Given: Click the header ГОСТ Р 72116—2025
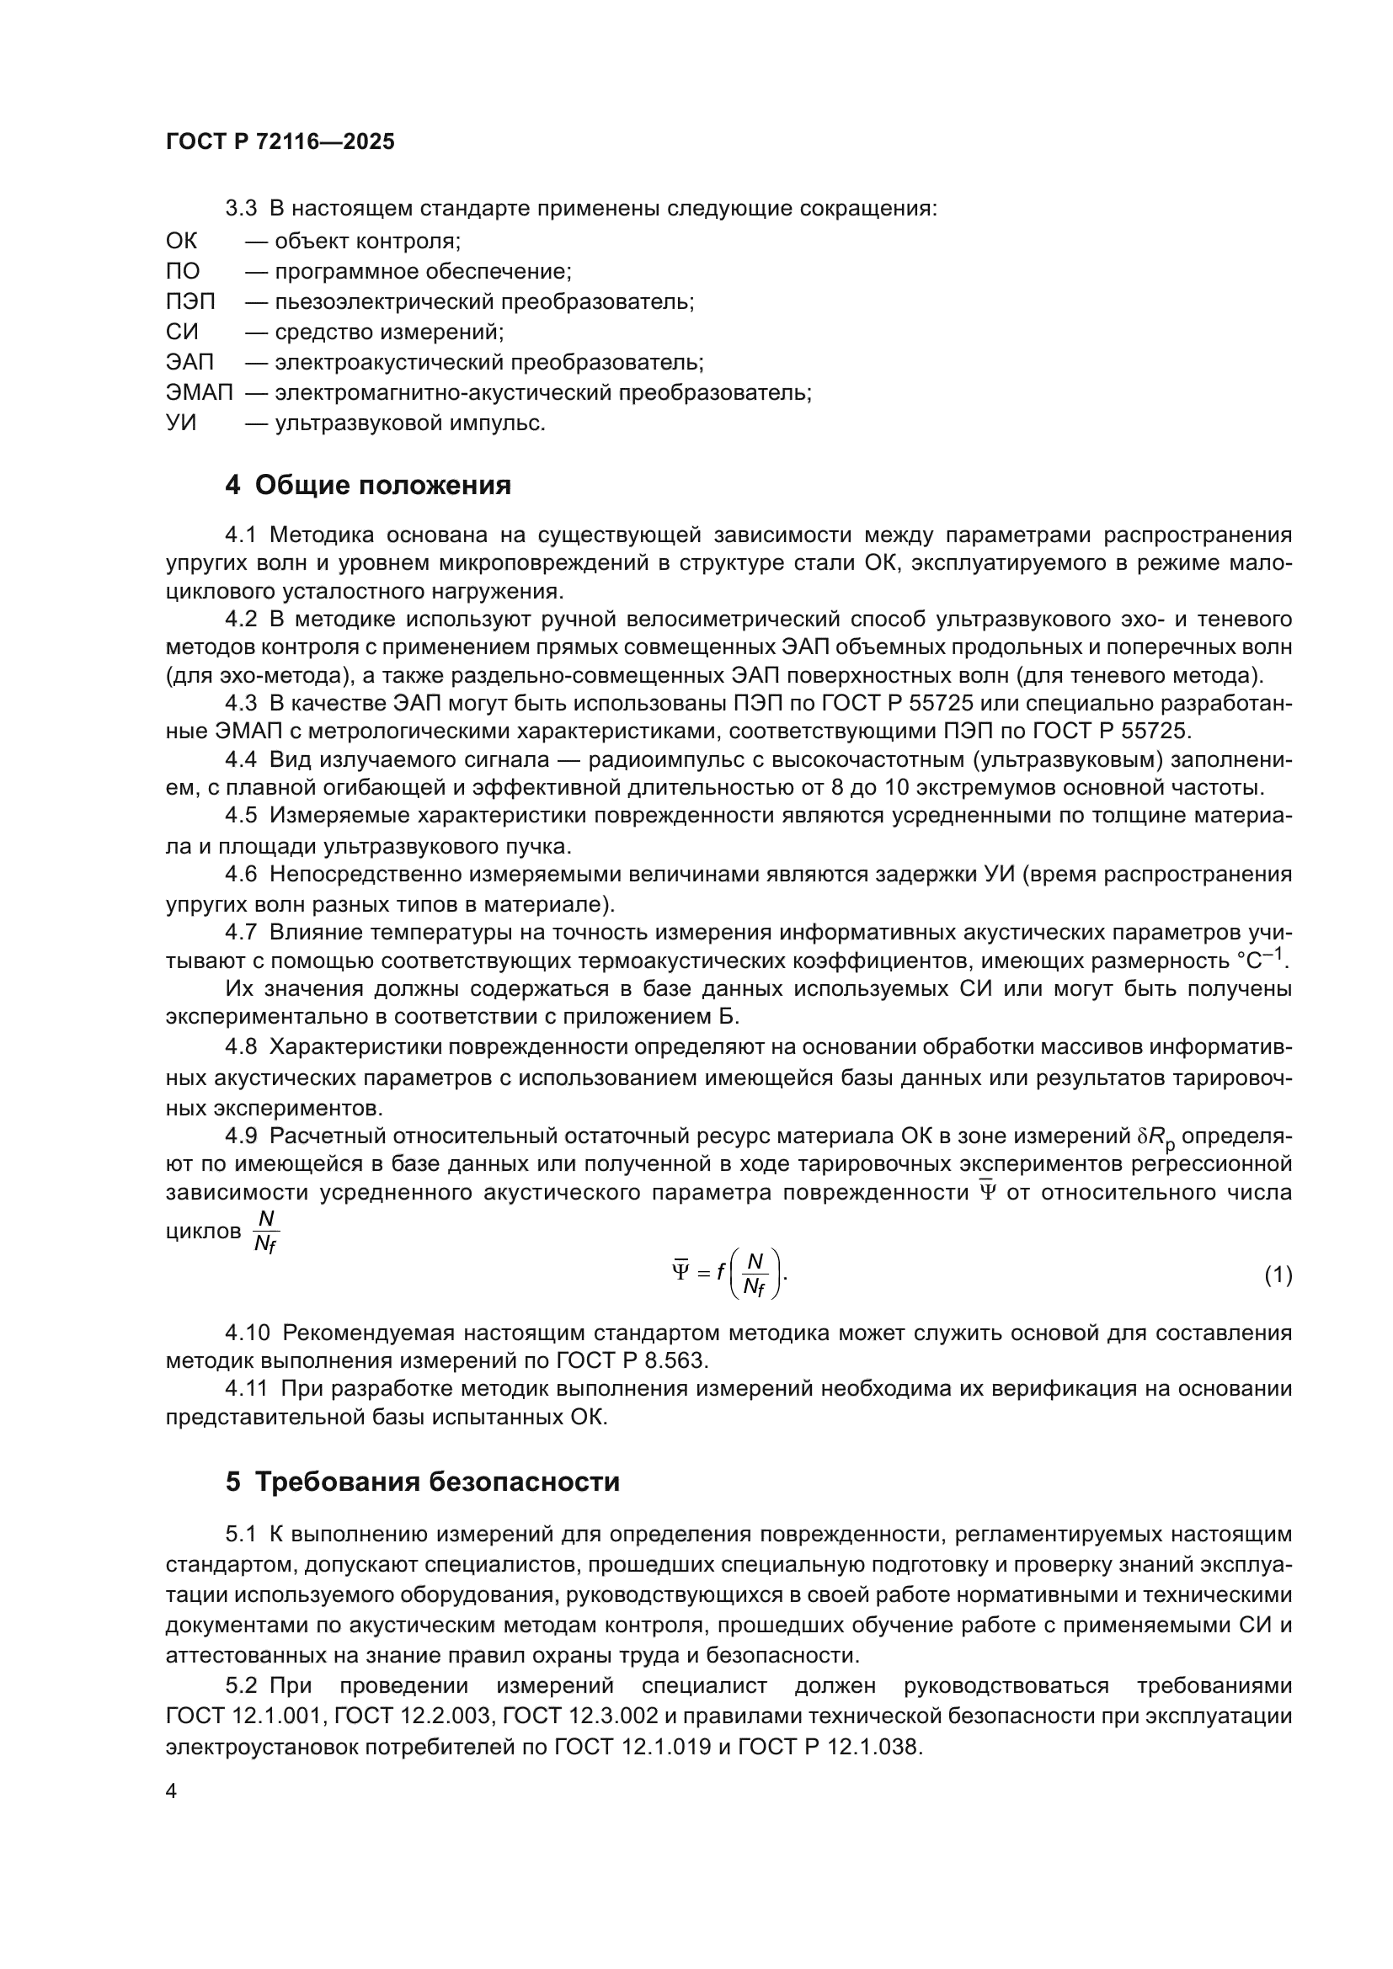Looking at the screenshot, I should (x=280, y=141).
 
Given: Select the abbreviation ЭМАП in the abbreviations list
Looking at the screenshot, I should (x=199, y=393).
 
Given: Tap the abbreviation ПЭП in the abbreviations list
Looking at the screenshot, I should (x=190, y=302).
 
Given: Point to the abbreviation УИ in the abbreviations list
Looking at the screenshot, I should (x=181, y=423).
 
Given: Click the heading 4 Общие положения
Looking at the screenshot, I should (x=368, y=486).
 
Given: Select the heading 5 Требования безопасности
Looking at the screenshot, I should (x=422, y=1482).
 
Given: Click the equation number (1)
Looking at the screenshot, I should (x=1278, y=1275).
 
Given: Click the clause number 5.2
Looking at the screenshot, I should (x=241, y=1686).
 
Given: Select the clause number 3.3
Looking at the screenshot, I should (x=241, y=209).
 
